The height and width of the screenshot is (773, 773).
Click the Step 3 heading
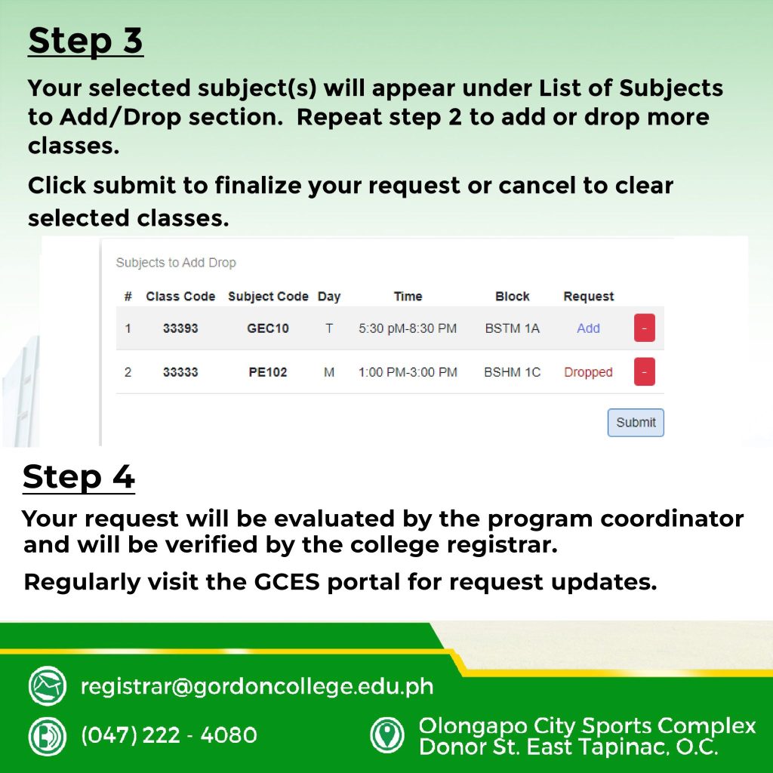click(85, 41)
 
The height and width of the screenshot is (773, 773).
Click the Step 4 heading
click(79, 477)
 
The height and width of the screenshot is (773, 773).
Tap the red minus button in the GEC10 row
click(645, 328)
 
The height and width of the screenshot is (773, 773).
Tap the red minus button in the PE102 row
click(645, 371)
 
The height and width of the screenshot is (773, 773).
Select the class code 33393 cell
click(180, 328)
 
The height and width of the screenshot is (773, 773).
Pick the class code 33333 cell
click(180, 372)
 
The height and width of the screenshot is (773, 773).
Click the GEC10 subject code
click(268, 328)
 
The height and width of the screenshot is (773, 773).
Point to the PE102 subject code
click(268, 372)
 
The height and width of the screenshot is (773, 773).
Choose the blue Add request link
click(588, 328)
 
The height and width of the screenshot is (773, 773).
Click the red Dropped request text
click(588, 372)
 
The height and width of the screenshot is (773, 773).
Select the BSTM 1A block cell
click(513, 328)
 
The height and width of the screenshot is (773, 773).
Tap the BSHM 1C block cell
click(513, 372)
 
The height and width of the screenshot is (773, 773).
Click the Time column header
click(408, 296)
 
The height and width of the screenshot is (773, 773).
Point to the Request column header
click(589, 296)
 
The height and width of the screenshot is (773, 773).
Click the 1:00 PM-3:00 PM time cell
click(408, 372)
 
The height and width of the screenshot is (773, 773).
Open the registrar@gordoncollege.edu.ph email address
click(257, 686)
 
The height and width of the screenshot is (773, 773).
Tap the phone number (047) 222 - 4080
click(168, 735)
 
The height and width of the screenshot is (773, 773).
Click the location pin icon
click(387, 735)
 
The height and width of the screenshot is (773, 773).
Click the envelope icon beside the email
click(48, 685)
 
